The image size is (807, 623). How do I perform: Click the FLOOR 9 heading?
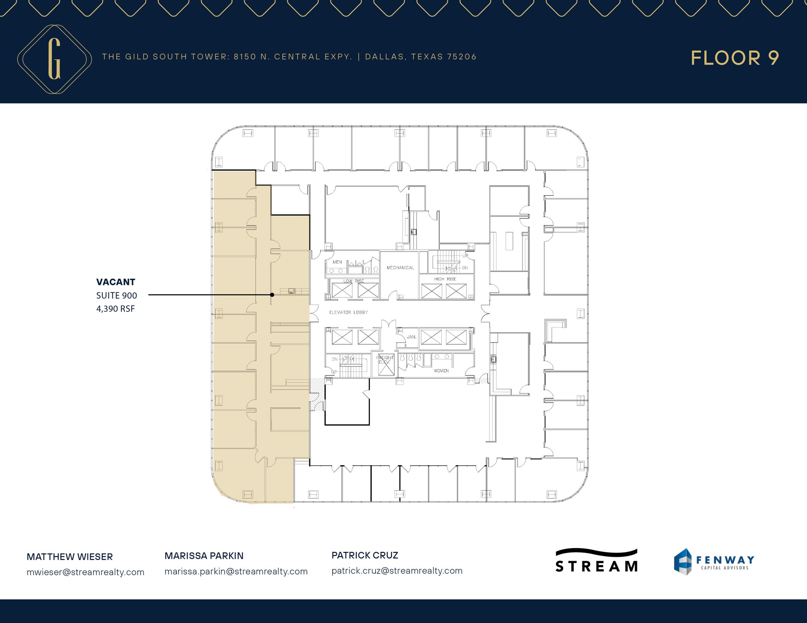tap(734, 58)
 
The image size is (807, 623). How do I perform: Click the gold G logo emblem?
tap(54, 59)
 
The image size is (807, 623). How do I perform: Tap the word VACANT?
tap(115, 282)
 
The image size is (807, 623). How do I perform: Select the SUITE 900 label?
tap(117, 295)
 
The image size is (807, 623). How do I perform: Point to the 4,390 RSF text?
tap(115, 309)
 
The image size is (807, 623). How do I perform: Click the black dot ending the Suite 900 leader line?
tap(272, 294)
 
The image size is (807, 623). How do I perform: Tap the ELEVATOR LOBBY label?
tap(348, 312)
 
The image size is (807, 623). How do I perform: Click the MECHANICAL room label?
tap(400, 268)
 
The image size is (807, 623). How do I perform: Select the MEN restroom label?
tap(337, 262)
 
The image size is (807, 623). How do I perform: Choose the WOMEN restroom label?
tap(441, 371)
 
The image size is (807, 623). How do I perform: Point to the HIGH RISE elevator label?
tap(445, 279)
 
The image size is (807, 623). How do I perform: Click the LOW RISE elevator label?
tap(353, 281)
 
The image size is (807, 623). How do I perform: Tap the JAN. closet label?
tap(411, 337)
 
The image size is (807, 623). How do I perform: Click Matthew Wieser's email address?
tap(86, 572)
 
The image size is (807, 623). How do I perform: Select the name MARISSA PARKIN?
tap(204, 556)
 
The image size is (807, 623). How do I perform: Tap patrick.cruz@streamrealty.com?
tap(397, 571)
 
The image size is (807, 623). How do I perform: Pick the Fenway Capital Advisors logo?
tap(714, 562)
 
